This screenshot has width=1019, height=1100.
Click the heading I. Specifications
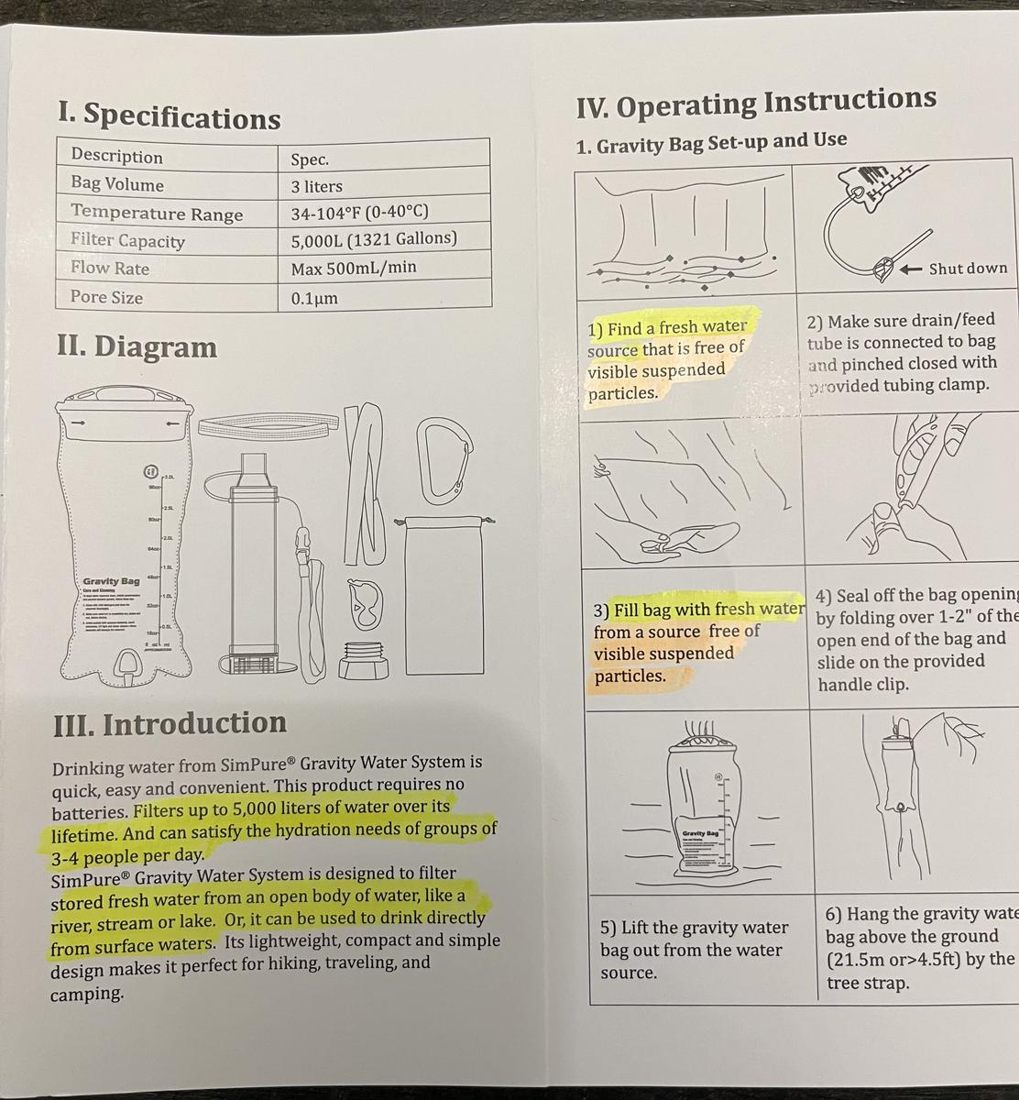pyautogui.click(x=169, y=116)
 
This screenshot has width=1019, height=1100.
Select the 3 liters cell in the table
pyautogui.click(x=316, y=186)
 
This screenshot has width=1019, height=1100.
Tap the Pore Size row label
pyautogui.click(x=106, y=297)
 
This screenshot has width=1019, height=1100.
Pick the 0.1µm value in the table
pyautogui.click(x=314, y=299)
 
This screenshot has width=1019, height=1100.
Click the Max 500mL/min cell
pyautogui.click(x=353, y=268)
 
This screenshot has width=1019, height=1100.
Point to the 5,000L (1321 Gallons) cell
pyautogui.click(x=373, y=239)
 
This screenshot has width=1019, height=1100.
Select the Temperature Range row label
pyautogui.click(x=157, y=214)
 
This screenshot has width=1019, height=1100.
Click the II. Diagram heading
pyautogui.click(x=137, y=346)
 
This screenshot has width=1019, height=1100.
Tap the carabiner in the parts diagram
pyautogui.click(x=443, y=462)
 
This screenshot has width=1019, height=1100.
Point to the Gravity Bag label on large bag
pyautogui.click(x=111, y=581)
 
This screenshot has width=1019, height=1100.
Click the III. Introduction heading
pyautogui.click(x=170, y=723)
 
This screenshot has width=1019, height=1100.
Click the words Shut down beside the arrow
pyautogui.click(x=967, y=269)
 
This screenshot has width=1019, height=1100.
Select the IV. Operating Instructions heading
pyautogui.click(x=756, y=102)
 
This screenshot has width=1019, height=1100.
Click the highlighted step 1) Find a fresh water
pyautogui.click(x=668, y=327)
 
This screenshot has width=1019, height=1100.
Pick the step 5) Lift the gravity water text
pyautogui.click(x=694, y=928)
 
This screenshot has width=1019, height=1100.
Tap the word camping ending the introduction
pyautogui.click(x=86, y=995)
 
